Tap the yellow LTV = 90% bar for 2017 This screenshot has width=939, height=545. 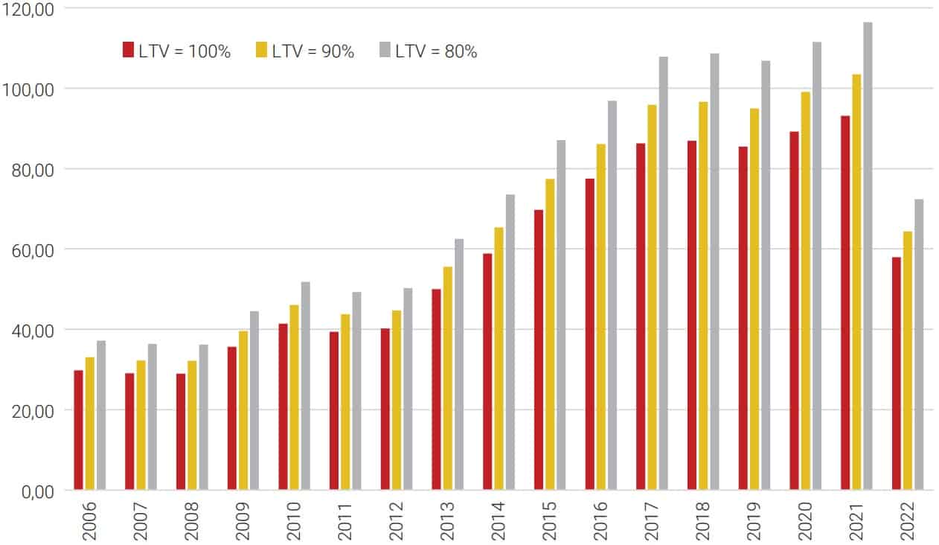(652, 297)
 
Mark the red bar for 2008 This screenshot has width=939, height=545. (181, 431)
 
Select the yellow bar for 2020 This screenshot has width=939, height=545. (805, 290)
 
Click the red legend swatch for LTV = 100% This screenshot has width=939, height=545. (128, 51)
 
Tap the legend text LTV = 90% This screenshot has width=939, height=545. (313, 51)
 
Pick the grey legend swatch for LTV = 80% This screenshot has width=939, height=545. (384, 51)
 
